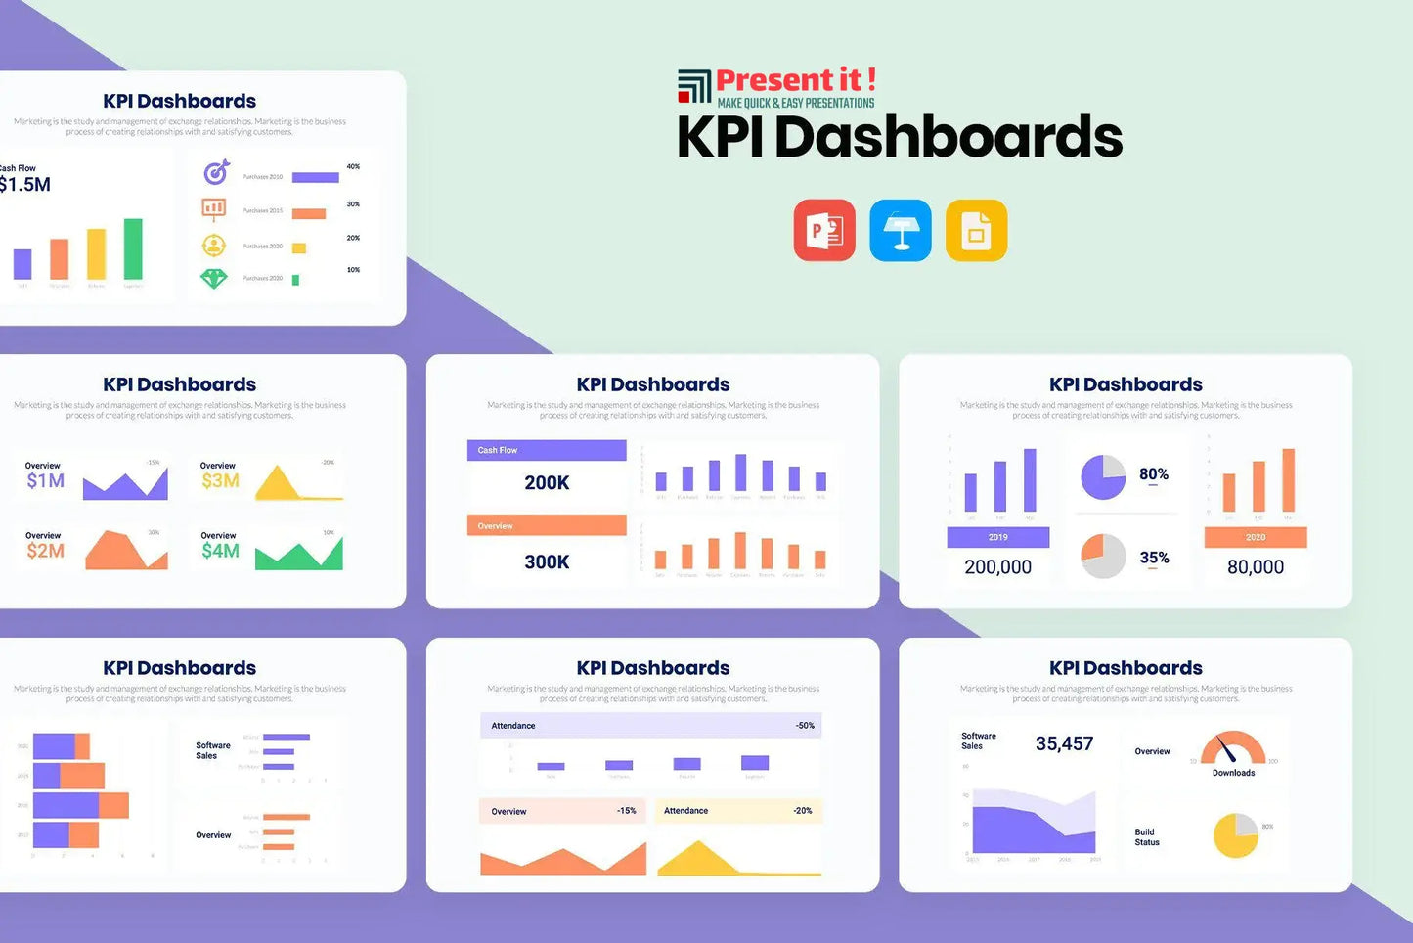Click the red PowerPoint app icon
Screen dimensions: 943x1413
tap(824, 231)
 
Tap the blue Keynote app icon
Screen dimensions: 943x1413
tap(901, 231)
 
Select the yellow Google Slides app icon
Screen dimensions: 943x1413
tap(976, 231)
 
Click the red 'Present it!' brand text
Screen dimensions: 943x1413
tap(795, 80)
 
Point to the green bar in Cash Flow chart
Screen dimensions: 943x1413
tap(133, 248)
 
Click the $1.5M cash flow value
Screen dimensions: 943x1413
tap(24, 185)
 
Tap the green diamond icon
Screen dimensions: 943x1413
tap(214, 279)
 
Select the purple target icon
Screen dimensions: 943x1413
tap(216, 173)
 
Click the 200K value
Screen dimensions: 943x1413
tap(547, 482)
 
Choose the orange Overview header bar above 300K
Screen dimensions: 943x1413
tap(547, 525)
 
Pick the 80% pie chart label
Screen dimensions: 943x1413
tap(1154, 474)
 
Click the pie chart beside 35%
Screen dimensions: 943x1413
tap(1103, 556)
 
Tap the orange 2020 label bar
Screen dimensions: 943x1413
tap(1256, 537)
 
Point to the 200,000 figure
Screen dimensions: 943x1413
tap(997, 567)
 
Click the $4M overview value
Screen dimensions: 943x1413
tap(220, 551)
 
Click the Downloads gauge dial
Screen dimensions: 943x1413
tap(1233, 748)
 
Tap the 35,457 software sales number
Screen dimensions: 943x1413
tap(1064, 743)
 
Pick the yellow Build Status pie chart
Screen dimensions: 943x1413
tap(1236, 835)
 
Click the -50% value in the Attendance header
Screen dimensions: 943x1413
tap(805, 726)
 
